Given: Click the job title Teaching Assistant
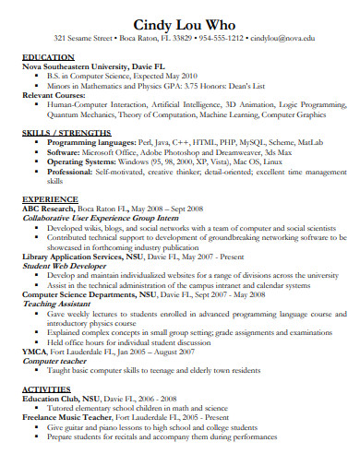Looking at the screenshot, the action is (54, 303).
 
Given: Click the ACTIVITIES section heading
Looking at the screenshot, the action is (48, 391).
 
